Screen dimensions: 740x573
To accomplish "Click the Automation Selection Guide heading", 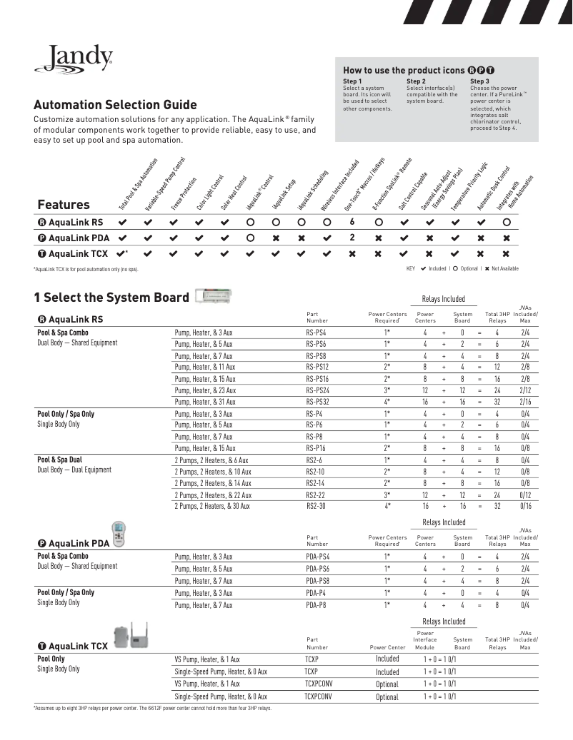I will tap(116, 105).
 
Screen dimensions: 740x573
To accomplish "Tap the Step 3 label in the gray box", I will tap(479, 81).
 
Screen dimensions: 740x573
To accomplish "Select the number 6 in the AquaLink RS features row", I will tap(352, 222).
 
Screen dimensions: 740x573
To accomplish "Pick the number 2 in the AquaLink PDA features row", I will tap(352, 238).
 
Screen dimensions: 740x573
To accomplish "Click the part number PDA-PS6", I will tap(318, 569).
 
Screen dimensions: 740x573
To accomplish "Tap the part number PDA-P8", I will tap(317, 605).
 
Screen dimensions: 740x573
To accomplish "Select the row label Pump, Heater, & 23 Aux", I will tap(204, 390).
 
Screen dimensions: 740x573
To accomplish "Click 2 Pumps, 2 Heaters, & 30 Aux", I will tap(212, 506).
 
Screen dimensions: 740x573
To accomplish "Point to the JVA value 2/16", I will tap(525, 402).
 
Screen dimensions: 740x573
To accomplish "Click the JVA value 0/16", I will tap(525, 506).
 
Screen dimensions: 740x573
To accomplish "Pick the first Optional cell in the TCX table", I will tap(387, 684).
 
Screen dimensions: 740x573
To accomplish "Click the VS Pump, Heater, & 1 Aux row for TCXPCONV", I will tap(207, 684).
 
